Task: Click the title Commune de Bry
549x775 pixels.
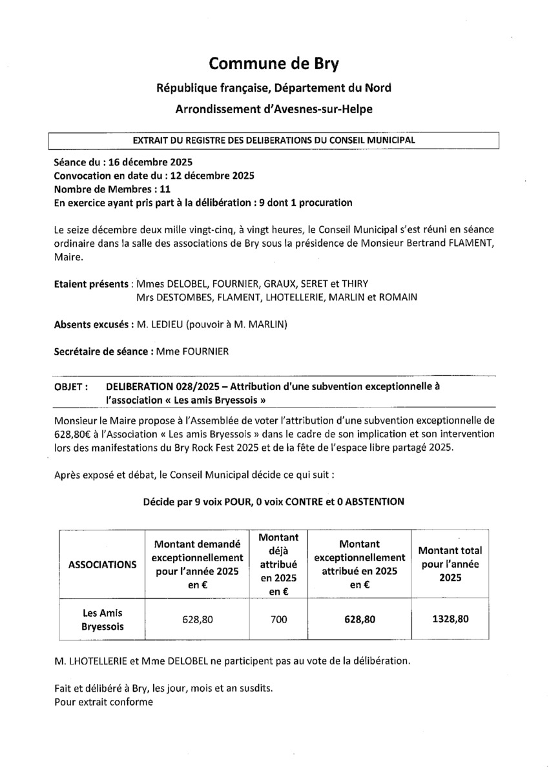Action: (x=274, y=63)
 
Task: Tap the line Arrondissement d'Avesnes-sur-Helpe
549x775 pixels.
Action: (x=274, y=110)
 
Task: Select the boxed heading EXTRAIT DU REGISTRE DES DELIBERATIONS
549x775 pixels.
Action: (x=274, y=139)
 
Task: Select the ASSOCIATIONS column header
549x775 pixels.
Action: (x=103, y=564)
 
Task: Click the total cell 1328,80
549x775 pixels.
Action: (x=450, y=619)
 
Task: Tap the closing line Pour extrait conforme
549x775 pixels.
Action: (x=104, y=701)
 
